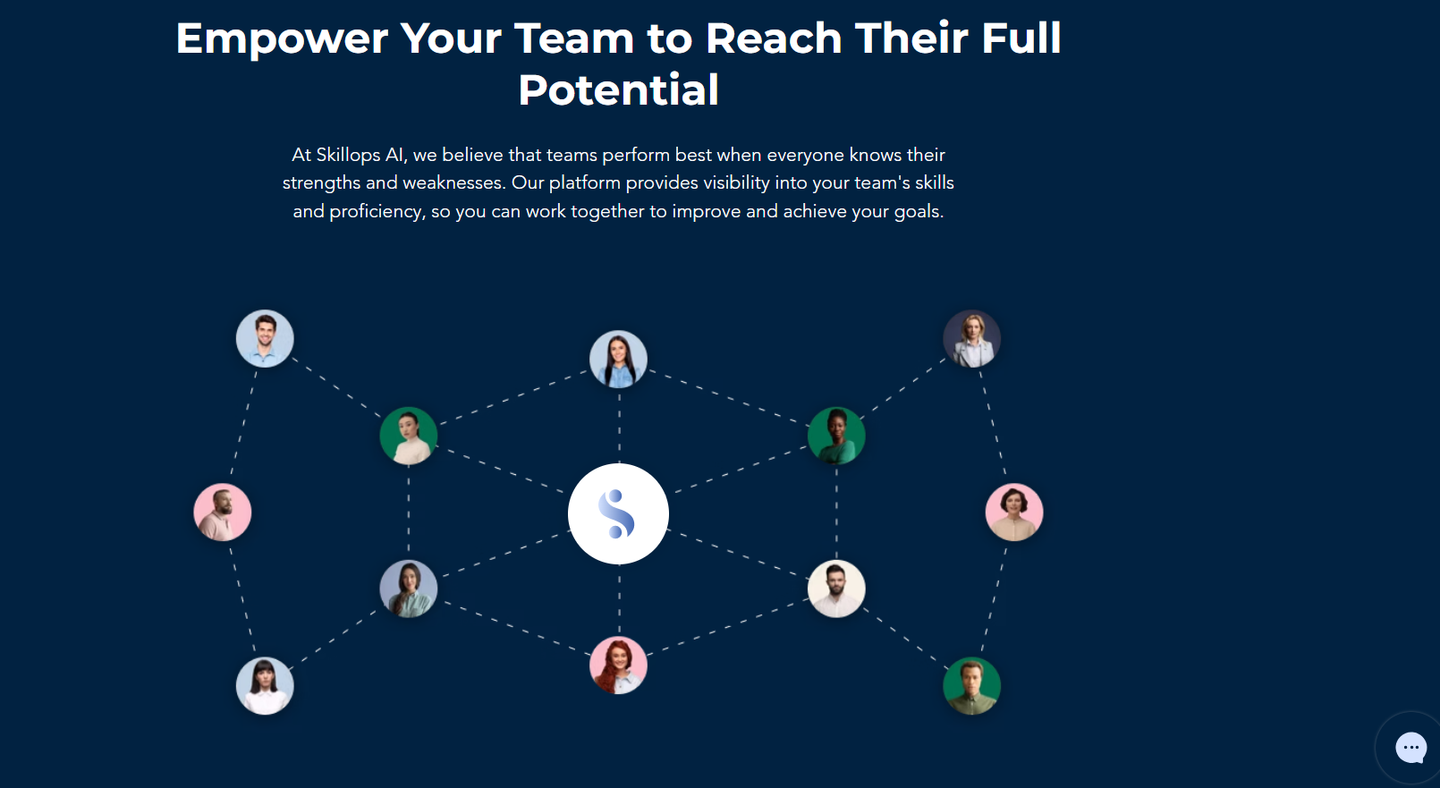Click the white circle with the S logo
pyautogui.click(x=618, y=513)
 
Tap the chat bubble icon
pyautogui.click(x=1411, y=747)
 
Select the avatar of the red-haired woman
pyautogui.click(x=618, y=665)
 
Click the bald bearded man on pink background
pyautogui.click(x=223, y=513)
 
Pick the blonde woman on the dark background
pyautogui.click(x=972, y=339)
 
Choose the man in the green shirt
pyautogui.click(x=972, y=686)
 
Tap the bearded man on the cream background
pyautogui.click(x=836, y=589)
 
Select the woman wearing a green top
pyautogui.click(x=836, y=436)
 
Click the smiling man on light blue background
pyautogui.click(x=265, y=339)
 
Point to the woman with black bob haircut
pyautogui.click(x=265, y=686)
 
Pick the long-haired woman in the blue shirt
pyautogui.click(x=618, y=360)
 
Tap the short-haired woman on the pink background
pyautogui.click(x=1014, y=513)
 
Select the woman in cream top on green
pyautogui.click(x=409, y=436)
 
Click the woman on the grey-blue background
pyautogui.click(x=409, y=589)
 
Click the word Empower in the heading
pyautogui.click(x=282, y=39)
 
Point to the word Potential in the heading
pyautogui.click(x=619, y=90)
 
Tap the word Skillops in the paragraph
pyautogui.click(x=348, y=155)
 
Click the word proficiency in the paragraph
pyautogui.click(x=376, y=211)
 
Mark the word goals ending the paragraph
pyautogui.click(x=919, y=211)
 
